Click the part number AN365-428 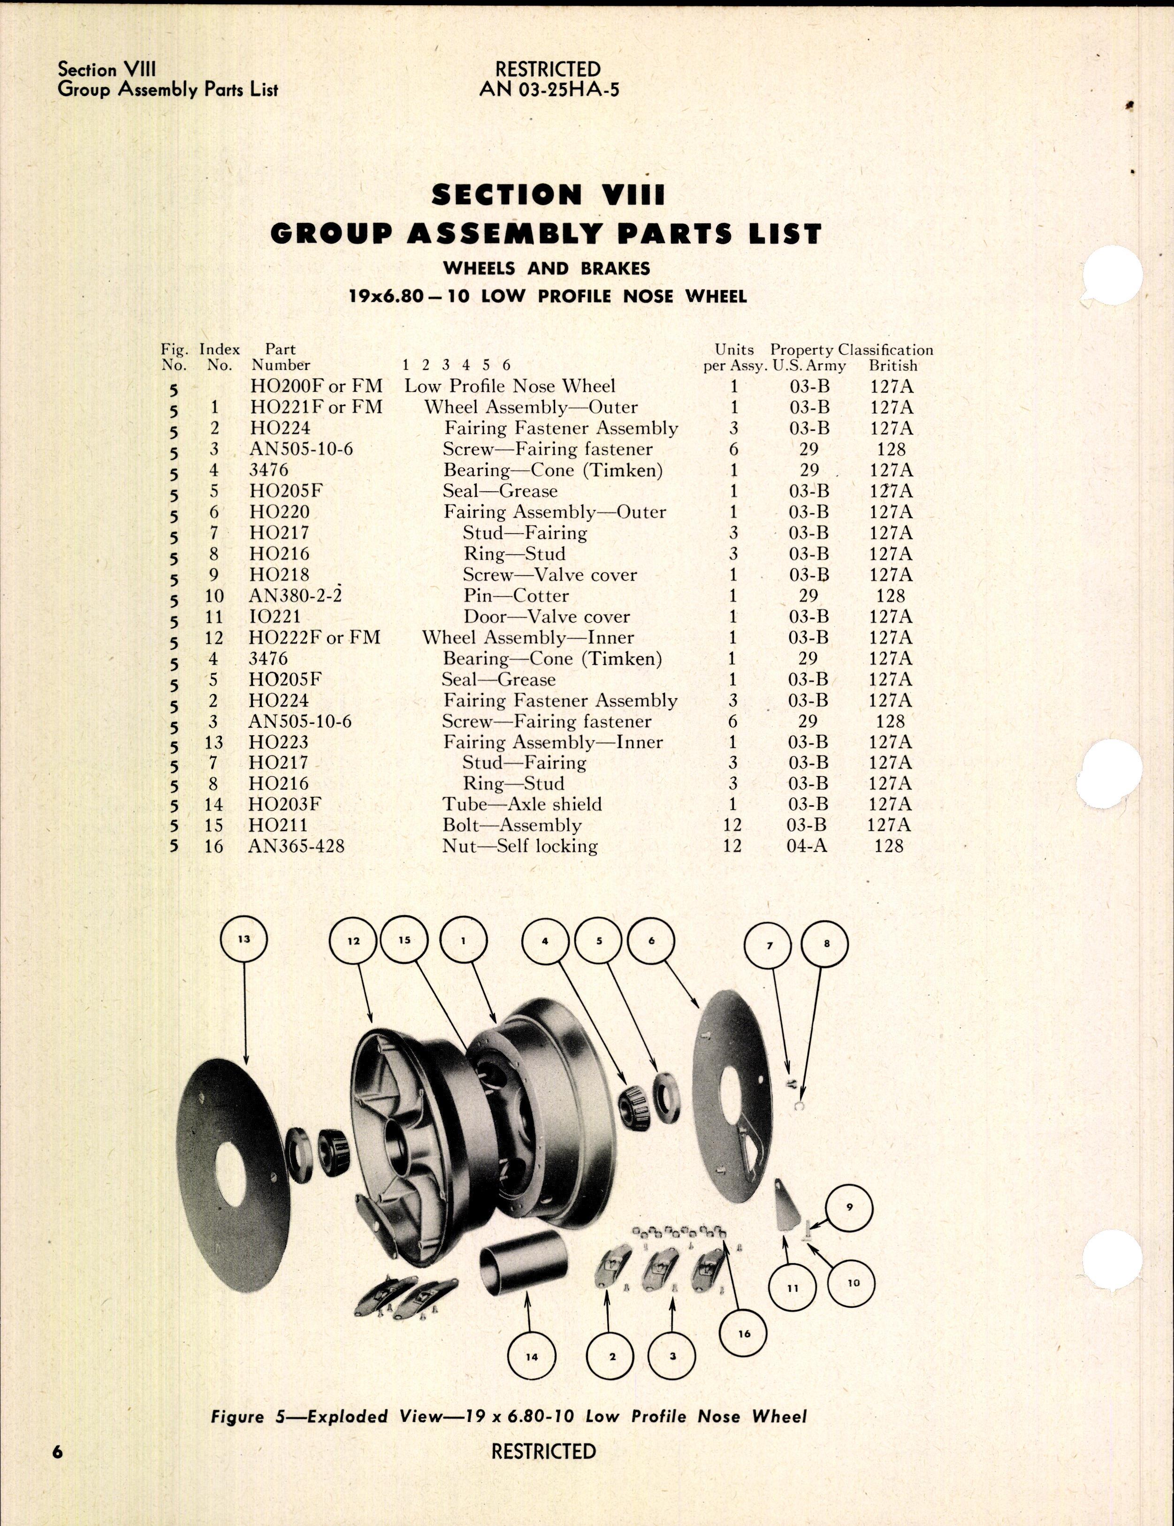tap(296, 846)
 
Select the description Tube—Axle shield tap(521, 804)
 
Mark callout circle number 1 tap(463, 940)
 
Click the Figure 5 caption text tap(509, 1416)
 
